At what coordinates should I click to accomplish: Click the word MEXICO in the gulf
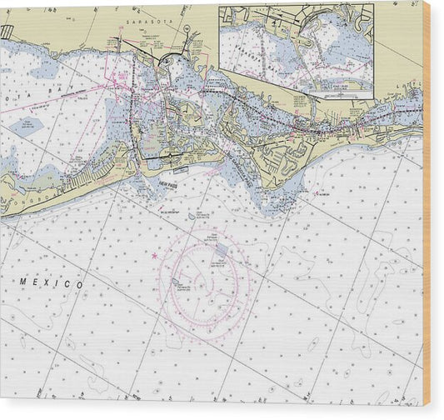52,284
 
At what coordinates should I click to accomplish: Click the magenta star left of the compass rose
153,255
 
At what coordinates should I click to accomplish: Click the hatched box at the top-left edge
7,32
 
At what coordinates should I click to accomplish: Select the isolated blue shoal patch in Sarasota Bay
26,126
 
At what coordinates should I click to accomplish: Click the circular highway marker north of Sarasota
186,28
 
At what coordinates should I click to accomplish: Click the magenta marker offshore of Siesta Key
316,192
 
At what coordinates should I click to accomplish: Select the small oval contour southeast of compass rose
313,342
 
